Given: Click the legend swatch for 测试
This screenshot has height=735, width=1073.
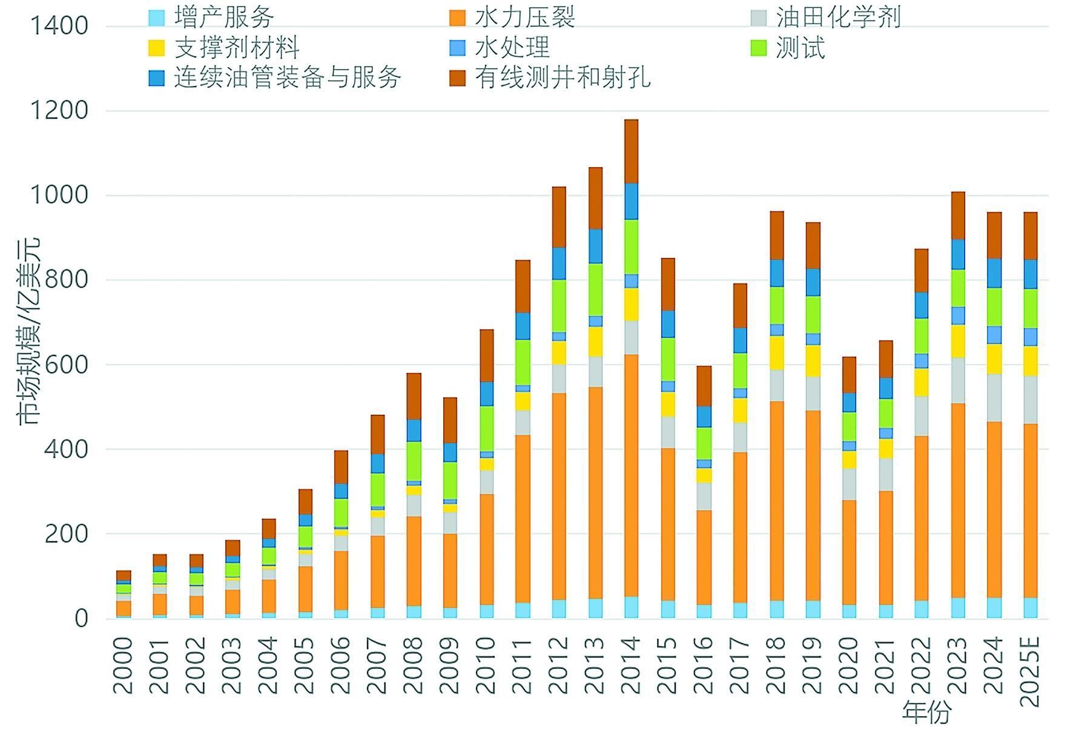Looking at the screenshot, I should pos(758,48).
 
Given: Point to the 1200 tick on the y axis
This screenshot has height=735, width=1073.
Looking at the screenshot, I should pos(58,111).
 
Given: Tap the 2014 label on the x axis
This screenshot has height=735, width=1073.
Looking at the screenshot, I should pos(630,665).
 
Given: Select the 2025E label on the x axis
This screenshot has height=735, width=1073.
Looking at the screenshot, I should pos(1030,671).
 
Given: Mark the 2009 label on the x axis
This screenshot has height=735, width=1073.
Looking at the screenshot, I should pos(449,665).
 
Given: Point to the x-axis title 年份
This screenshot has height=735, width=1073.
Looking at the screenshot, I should pos(926,713).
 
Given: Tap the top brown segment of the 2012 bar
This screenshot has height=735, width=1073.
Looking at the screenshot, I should pos(558,217).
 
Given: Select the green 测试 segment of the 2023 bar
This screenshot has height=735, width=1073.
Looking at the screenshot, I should pos(957,288).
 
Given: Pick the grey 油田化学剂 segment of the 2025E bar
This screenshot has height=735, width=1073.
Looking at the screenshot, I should pos(1030,400).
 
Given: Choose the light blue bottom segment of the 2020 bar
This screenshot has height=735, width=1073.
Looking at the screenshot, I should pos(849,611).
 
